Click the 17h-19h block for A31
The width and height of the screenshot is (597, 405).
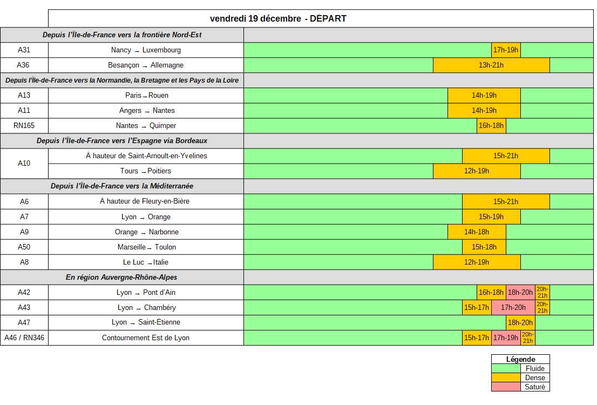(x=506, y=50)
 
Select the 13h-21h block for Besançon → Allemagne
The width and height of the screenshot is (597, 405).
(x=491, y=65)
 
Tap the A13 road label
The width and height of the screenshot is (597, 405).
(x=24, y=96)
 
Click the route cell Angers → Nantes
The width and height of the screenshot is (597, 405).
(x=146, y=111)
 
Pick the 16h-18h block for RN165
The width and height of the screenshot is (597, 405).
(x=491, y=126)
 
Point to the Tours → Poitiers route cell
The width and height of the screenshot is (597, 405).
(x=146, y=171)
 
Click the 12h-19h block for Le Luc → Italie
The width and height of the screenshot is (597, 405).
(x=477, y=262)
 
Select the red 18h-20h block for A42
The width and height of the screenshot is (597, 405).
(x=520, y=293)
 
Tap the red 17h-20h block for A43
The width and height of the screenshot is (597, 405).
(x=513, y=308)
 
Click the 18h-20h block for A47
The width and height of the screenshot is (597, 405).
(x=520, y=322)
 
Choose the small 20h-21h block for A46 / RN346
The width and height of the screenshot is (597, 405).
(x=528, y=338)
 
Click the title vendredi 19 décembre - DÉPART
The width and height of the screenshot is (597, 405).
(x=278, y=18)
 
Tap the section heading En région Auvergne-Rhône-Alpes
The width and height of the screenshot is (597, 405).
(x=121, y=278)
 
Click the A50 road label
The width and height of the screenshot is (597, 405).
(x=24, y=247)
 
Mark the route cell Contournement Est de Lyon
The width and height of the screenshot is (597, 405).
(x=146, y=338)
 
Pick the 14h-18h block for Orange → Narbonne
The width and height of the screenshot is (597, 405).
(x=477, y=232)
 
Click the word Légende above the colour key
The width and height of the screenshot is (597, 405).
(x=520, y=359)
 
